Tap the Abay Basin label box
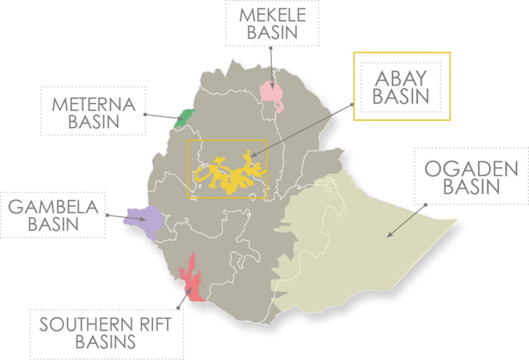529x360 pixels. coord(401,85)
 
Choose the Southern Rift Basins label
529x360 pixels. coord(105,332)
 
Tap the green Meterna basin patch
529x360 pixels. coord(182,118)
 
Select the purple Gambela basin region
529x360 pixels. coord(144,221)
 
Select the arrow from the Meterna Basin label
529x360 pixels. coord(161,117)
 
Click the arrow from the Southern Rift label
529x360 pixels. coord(183,297)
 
